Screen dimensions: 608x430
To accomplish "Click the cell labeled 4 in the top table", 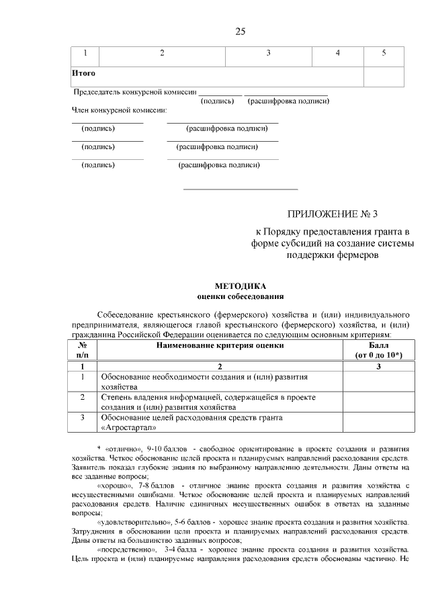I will (337, 53).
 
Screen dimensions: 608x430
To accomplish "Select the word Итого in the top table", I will (84, 73).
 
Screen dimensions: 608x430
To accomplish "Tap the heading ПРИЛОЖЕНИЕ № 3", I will (333, 215).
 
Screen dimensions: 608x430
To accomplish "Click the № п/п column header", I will (83, 350).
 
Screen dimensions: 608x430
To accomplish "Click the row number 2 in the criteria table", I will (83, 397).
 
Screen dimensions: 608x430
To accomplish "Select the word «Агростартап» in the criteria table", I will (128, 427).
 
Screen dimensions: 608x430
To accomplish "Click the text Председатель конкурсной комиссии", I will (134, 91).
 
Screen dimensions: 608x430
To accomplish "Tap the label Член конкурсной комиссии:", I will (120, 110).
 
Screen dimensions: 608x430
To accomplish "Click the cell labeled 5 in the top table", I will (384, 53).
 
